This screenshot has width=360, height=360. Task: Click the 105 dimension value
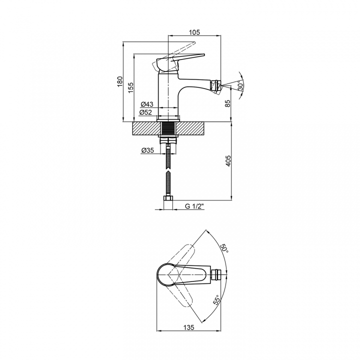coord(194,32)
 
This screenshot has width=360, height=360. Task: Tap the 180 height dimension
coord(120,81)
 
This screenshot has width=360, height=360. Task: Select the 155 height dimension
coord(130,87)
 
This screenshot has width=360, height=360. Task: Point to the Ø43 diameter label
coord(146,104)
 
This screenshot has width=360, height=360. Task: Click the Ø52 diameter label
coord(145,112)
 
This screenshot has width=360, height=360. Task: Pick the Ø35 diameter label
coord(147,150)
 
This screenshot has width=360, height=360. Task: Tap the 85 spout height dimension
coord(227,103)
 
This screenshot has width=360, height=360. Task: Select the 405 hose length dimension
coord(228,160)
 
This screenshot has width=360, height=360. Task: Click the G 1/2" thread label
coord(194,206)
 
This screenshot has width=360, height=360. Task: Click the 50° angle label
coord(224,249)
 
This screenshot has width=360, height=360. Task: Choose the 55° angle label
coord(216,299)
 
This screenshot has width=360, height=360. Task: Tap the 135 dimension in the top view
coord(188,327)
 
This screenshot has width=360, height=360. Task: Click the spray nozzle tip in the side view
coord(216,86)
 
